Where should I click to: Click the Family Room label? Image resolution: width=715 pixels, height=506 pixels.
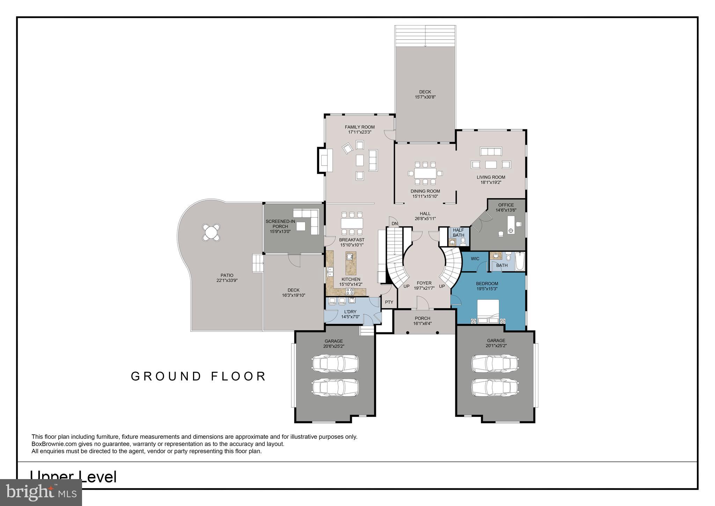(360, 127)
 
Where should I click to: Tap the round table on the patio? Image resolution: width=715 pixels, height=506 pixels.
(211, 232)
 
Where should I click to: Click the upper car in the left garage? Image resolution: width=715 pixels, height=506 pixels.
(335, 363)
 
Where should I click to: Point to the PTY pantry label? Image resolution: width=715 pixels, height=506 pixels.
(389, 302)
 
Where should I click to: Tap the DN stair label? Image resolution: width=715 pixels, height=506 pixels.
(395, 224)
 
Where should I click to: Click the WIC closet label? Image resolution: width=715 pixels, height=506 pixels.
(475, 259)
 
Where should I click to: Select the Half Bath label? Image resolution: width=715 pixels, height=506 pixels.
(458, 232)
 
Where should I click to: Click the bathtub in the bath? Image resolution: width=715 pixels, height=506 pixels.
(519, 262)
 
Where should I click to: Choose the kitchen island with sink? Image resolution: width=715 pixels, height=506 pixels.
(351, 263)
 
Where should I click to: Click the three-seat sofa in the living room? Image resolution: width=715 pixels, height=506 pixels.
(491, 151)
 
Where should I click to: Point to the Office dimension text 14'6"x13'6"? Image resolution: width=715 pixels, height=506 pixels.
(506, 210)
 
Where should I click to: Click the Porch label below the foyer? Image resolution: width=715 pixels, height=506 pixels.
(422, 318)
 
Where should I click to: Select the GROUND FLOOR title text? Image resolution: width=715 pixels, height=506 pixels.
(199, 376)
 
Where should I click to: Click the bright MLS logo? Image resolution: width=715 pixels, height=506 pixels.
(41, 492)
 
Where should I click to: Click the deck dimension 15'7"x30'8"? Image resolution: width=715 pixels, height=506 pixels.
(425, 97)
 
